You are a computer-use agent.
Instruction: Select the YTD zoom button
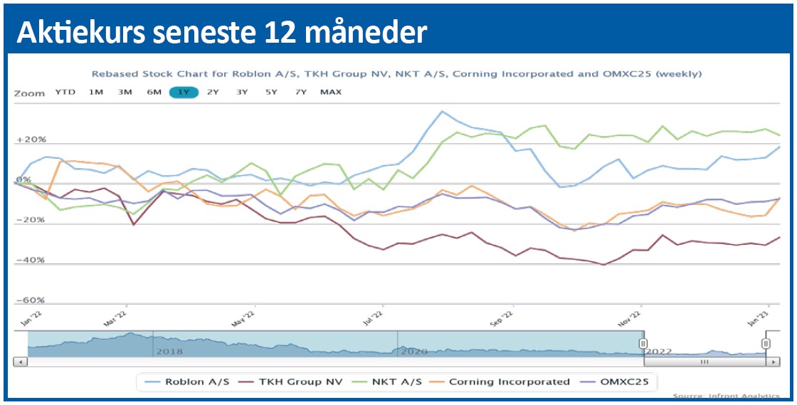(65, 92)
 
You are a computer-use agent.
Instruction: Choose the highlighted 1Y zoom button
(184, 92)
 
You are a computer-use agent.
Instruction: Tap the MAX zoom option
(330, 92)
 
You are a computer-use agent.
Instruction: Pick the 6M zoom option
(154, 92)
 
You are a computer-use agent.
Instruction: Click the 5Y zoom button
(271, 92)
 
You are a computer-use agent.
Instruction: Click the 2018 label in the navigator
(169, 352)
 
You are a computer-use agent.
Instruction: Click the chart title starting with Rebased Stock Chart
(396, 73)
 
